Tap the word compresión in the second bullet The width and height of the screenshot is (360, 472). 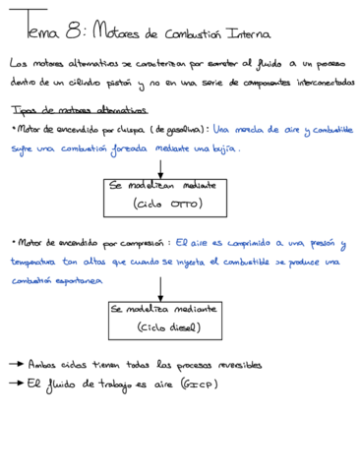138,241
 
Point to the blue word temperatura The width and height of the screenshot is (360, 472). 36,263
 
